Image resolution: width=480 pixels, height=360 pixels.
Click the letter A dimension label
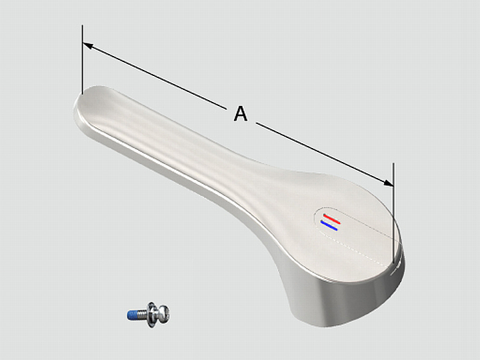tap(240, 113)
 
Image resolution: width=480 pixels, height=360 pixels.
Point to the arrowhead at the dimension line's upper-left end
tap(87, 45)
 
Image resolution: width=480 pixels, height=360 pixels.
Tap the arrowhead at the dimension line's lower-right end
tap(389, 183)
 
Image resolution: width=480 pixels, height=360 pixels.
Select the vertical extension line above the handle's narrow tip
tap(83, 59)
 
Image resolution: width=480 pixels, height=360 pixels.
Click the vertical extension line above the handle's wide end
tap(394, 213)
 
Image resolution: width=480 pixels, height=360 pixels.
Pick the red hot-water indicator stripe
tap(332, 219)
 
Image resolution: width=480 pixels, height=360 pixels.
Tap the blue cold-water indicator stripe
tap(329, 225)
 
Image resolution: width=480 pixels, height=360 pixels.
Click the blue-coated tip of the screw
tap(132, 315)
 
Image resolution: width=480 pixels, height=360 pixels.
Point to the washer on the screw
tap(151, 315)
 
